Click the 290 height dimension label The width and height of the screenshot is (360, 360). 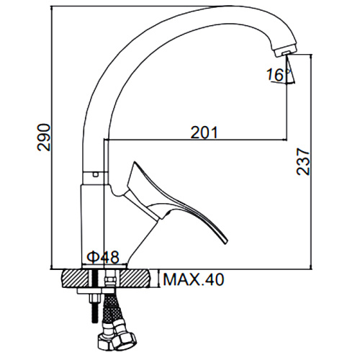[x=44, y=138]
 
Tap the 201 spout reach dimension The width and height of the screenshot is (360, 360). [x=204, y=132]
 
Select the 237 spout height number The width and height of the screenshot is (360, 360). [x=303, y=162]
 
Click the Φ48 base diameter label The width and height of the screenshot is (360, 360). [x=103, y=257]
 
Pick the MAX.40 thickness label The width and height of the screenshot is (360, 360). [x=193, y=279]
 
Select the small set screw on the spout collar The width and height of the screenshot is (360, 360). [x=96, y=174]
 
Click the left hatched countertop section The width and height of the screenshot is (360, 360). [x=75, y=279]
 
